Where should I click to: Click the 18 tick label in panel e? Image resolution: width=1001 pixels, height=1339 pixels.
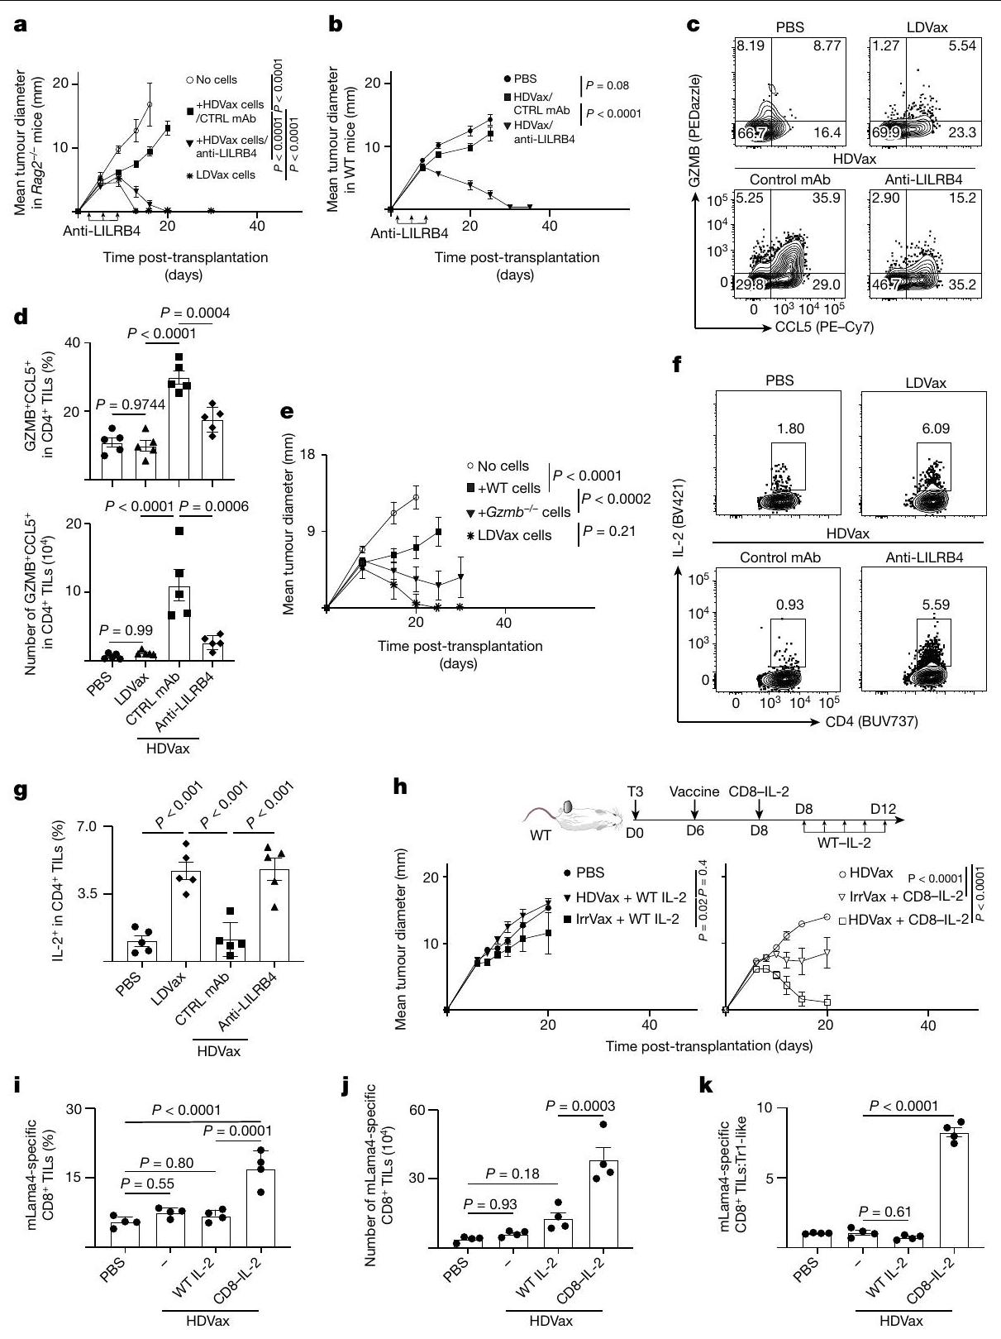tap(307, 456)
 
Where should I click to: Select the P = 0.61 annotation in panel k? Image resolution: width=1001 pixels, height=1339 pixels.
tap(884, 1212)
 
